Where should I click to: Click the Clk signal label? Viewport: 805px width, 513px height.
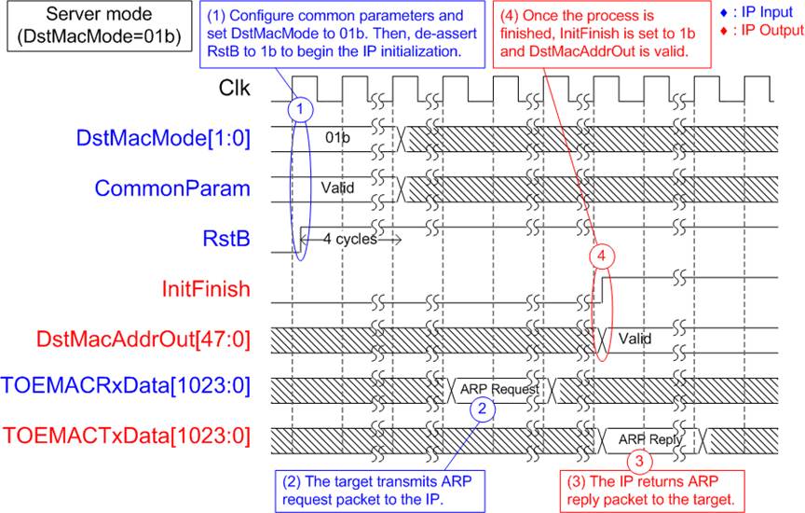coord(235,88)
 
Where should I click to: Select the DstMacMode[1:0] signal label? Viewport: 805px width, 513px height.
coord(163,138)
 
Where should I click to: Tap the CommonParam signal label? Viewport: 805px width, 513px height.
coord(172,188)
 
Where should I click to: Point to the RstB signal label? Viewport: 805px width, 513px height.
coord(226,239)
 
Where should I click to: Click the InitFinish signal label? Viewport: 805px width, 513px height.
coord(206,289)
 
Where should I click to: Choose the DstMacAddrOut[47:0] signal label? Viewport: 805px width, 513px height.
coord(143,340)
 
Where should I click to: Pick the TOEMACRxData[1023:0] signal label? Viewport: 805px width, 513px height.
coord(126,386)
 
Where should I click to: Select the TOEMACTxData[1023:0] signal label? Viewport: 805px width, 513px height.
coord(127,436)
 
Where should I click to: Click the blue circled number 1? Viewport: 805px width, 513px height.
coord(300,109)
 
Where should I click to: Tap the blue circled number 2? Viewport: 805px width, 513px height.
coord(482,409)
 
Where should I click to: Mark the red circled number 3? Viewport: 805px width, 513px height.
coord(639,461)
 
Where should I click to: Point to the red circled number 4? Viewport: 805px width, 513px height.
coord(601,256)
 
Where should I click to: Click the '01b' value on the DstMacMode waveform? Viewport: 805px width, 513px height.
coord(337,137)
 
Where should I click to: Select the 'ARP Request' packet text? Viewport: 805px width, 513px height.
coord(499,389)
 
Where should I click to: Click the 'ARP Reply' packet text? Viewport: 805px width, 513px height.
coord(650,439)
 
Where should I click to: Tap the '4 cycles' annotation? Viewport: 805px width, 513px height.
coord(350,239)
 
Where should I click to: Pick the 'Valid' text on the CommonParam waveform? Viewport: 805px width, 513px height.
coord(337,187)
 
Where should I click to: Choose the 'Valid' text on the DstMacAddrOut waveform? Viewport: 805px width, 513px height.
coord(635,339)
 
